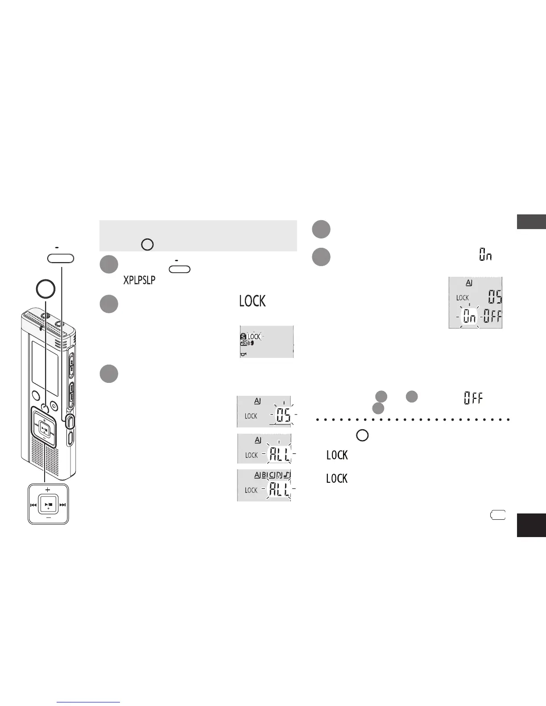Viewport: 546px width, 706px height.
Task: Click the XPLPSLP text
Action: (x=139, y=280)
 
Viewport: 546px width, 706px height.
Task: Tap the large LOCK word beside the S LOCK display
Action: (x=252, y=301)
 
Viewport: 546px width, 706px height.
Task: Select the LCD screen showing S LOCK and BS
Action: (x=267, y=341)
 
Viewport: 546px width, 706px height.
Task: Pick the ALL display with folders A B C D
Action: (x=264, y=485)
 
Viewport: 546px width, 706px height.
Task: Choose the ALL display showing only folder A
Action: (x=264, y=448)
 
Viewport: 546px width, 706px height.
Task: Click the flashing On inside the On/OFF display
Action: (x=469, y=317)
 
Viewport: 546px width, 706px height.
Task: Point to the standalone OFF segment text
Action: (x=473, y=398)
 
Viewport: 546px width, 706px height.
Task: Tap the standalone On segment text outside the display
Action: (x=485, y=255)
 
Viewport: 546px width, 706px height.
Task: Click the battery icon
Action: (x=498, y=516)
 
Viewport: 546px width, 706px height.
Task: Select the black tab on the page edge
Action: (x=531, y=525)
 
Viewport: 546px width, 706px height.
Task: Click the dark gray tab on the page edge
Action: (x=531, y=222)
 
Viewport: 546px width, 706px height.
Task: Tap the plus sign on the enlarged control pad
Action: (x=48, y=489)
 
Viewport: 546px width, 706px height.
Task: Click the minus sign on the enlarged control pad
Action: (x=48, y=518)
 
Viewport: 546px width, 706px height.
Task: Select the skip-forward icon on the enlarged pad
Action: (x=62, y=505)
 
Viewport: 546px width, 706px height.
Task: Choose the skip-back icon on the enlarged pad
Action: (x=33, y=505)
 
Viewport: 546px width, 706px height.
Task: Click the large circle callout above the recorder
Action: (x=45, y=289)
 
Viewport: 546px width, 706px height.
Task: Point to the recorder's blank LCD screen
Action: (x=45, y=367)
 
